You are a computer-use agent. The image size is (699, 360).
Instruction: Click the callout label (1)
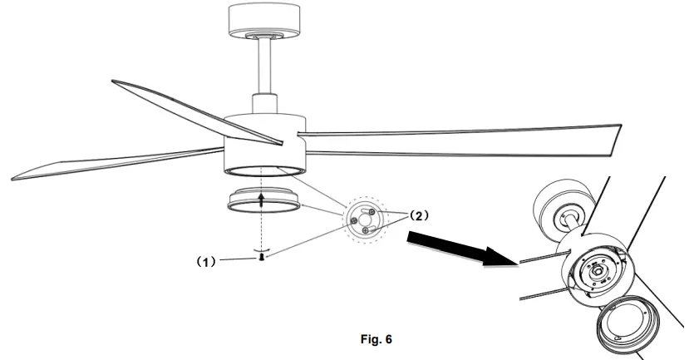pyautogui.click(x=206, y=260)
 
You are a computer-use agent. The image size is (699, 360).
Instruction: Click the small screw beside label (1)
pyautogui.click(x=263, y=260)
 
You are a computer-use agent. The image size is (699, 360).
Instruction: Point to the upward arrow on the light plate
pyautogui.click(x=263, y=199)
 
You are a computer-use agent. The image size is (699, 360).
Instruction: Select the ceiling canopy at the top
pyautogui.click(x=263, y=21)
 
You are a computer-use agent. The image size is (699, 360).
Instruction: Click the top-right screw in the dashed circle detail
pyautogui.click(x=375, y=213)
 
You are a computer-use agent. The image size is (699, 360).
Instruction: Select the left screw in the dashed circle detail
pyautogui.click(x=354, y=220)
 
